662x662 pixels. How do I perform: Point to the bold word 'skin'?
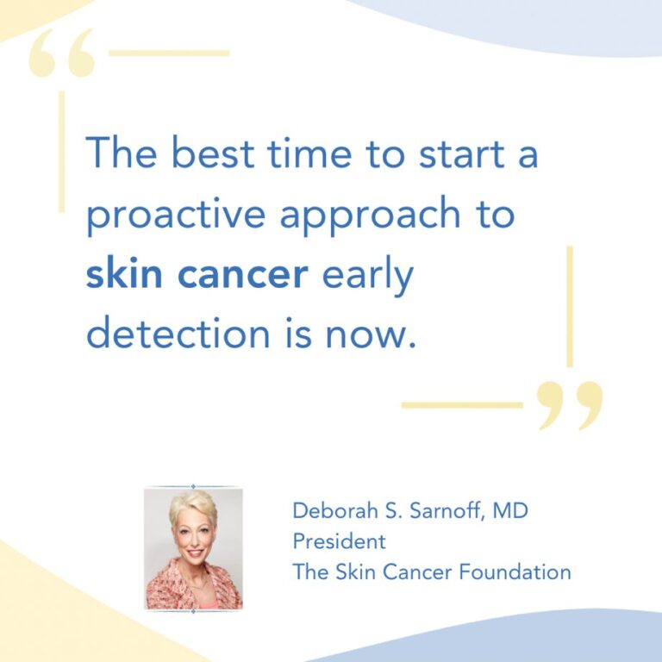point(120,274)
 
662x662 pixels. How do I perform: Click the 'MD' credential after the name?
point(512,511)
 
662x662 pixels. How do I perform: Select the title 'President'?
point(339,542)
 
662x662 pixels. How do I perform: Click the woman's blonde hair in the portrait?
point(191,506)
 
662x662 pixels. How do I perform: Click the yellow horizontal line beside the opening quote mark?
point(169,53)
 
